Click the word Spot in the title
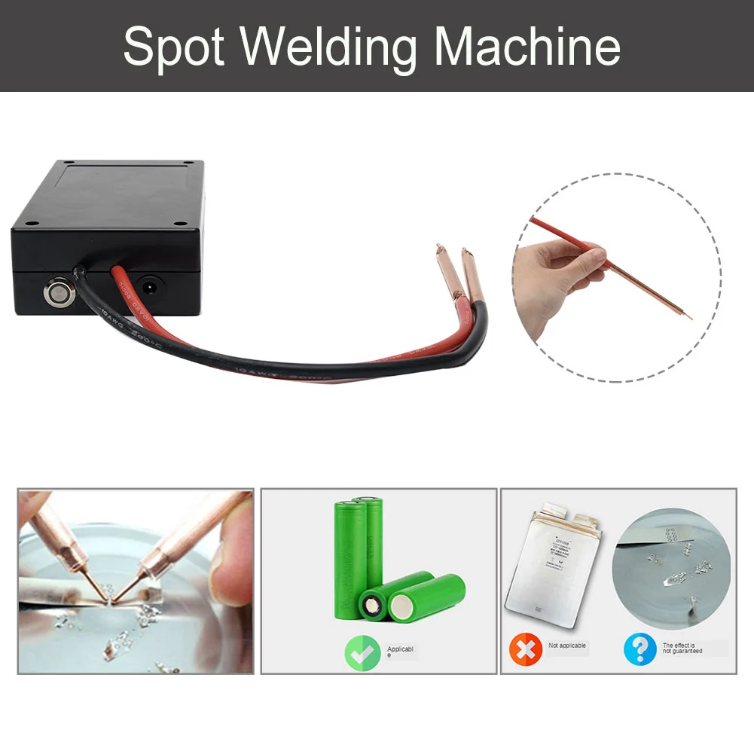pos(174,46)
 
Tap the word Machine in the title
pos(527,46)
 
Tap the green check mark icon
pos(362,652)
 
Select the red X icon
pos(525,649)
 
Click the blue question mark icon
pos(640,649)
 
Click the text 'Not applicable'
pos(567,646)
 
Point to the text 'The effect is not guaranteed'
pos(682,648)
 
